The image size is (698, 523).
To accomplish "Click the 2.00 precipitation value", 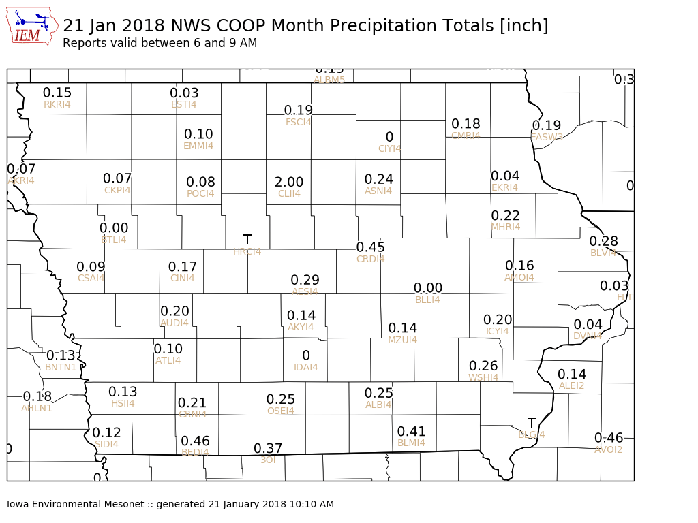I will [x=289, y=182].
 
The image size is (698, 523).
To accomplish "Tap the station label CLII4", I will [x=289, y=193].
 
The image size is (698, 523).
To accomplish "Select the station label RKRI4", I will [x=57, y=104].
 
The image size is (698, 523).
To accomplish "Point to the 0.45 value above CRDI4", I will [x=371, y=247].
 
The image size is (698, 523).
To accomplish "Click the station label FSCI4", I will [x=299, y=122].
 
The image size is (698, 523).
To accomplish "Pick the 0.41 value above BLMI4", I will [x=412, y=431].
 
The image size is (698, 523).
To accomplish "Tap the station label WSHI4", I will [x=483, y=377].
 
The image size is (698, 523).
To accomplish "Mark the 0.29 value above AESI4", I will [x=305, y=280].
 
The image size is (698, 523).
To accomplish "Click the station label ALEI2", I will [x=572, y=385].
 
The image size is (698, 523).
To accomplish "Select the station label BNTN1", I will [x=61, y=367].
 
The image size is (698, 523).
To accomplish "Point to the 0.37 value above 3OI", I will [x=268, y=448].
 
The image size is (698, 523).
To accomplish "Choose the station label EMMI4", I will [x=198, y=146].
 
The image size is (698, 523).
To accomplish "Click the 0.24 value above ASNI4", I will [x=379, y=179].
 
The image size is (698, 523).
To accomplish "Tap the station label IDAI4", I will [x=306, y=367].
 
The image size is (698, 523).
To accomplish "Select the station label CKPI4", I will [x=117, y=190].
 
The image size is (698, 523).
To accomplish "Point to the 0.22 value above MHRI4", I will [x=506, y=215].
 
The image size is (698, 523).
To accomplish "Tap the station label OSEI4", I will [x=281, y=411].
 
